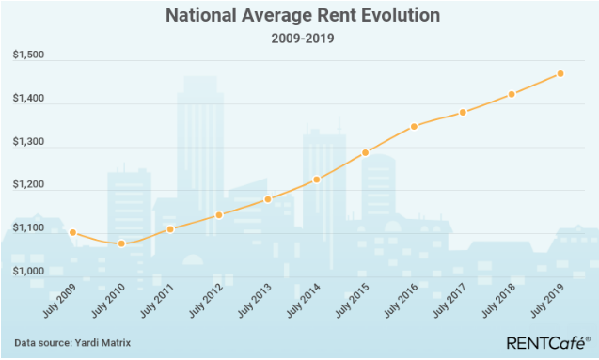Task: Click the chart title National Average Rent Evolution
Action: (x=299, y=16)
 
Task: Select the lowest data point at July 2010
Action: (x=121, y=243)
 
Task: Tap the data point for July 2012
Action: (x=219, y=214)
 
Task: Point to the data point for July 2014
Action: (x=317, y=180)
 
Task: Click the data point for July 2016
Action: (x=414, y=126)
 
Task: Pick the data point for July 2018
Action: (x=512, y=94)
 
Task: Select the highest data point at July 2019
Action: (x=560, y=73)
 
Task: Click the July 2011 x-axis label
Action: (x=156, y=301)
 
